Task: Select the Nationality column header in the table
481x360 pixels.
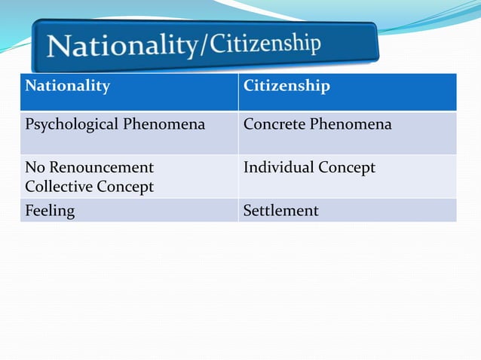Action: [67, 86]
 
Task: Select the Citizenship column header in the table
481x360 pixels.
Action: [286, 86]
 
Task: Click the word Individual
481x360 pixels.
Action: [277, 167]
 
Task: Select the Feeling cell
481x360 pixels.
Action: [50, 211]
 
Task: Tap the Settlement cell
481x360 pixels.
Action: [280, 211]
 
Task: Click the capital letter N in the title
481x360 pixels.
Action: [58, 47]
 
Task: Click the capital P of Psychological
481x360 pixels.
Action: [30, 124]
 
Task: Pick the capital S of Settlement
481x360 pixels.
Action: [247, 211]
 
